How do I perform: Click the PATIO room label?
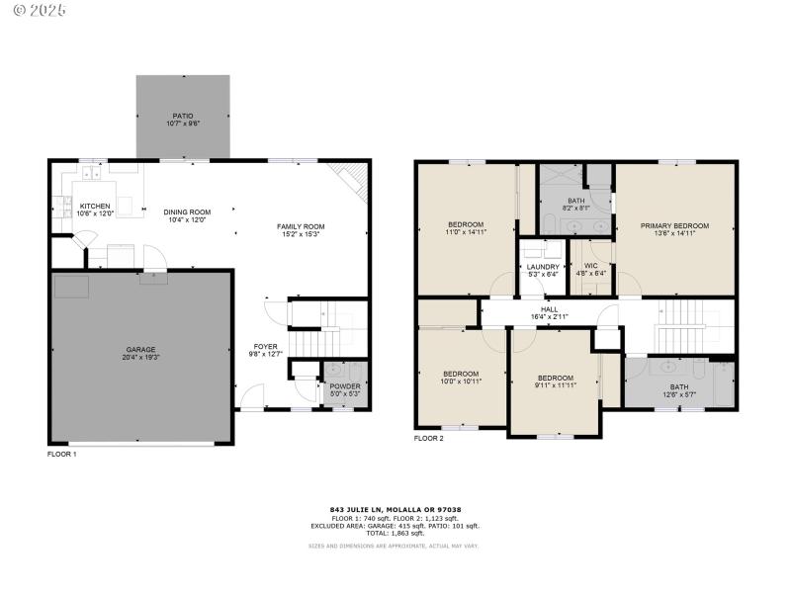(182, 115)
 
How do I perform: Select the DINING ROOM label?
(187, 212)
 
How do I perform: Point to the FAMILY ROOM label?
(301, 226)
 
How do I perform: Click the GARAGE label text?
(140, 350)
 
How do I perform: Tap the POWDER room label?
(344, 386)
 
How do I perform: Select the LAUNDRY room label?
(543, 266)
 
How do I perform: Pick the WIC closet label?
(592, 266)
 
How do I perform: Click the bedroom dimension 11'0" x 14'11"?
(466, 232)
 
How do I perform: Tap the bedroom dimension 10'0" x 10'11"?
(461, 381)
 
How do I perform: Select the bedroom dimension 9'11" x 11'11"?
(555, 384)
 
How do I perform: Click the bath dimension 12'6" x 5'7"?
(679, 393)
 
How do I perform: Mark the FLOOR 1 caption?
(61, 454)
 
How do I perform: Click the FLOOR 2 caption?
(428, 438)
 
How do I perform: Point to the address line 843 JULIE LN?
(395, 510)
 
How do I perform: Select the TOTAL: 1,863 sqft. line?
(395, 533)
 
